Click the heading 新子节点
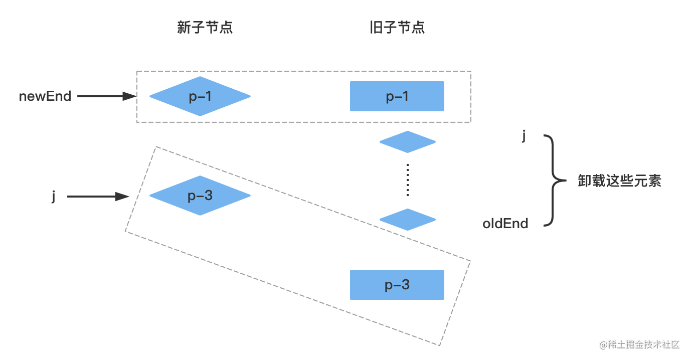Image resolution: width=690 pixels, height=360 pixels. click(x=205, y=28)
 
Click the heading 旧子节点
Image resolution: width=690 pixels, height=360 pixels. click(x=397, y=28)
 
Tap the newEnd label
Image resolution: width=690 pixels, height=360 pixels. click(x=45, y=96)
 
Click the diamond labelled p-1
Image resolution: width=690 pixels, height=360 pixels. click(x=200, y=96)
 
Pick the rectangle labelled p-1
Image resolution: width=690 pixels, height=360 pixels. click(x=397, y=96)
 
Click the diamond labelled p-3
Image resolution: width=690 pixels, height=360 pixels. click(x=200, y=196)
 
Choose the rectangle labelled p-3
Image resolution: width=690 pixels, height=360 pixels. click(x=397, y=285)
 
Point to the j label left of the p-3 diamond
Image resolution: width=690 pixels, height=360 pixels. click(x=53, y=196)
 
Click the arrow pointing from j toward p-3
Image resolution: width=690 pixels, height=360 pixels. click(x=98, y=197)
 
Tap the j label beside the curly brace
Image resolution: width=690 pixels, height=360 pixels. click(x=524, y=136)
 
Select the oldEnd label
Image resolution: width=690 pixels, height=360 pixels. click(x=505, y=224)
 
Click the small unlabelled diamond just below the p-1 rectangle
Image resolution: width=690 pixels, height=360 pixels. click(x=408, y=142)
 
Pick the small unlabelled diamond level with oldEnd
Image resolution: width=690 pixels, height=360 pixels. click(x=408, y=220)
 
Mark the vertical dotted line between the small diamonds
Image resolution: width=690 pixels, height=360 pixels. click(x=408, y=180)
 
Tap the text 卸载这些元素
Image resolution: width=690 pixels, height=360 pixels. click(x=619, y=181)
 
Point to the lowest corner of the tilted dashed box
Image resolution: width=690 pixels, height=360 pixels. click(x=440, y=345)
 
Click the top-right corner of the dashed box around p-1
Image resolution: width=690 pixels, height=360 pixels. click(x=471, y=71)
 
